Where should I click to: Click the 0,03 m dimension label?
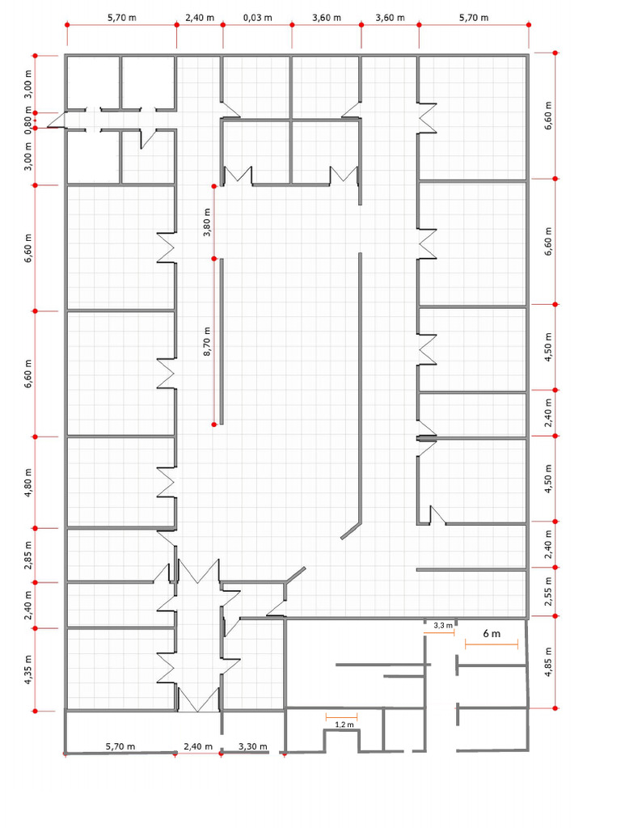pos(258,18)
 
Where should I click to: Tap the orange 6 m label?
pos(492,633)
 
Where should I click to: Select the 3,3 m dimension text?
pos(443,625)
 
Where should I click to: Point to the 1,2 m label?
pos(344,724)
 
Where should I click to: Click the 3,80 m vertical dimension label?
pos(207,222)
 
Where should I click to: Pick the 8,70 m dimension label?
pos(207,341)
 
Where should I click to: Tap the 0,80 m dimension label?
pos(28,120)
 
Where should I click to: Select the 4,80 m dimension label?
pos(28,483)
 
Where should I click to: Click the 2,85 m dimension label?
pos(28,555)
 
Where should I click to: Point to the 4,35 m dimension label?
pos(28,669)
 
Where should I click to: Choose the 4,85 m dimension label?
pos(548,661)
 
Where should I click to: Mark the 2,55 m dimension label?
pos(548,592)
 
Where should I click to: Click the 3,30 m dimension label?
pos(253,746)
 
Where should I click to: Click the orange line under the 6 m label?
pos(492,644)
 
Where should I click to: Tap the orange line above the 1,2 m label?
pos(342,716)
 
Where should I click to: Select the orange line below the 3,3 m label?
pos(439,632)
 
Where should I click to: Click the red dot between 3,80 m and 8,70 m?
pos(214,258)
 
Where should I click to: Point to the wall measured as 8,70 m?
pos(222,341)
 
